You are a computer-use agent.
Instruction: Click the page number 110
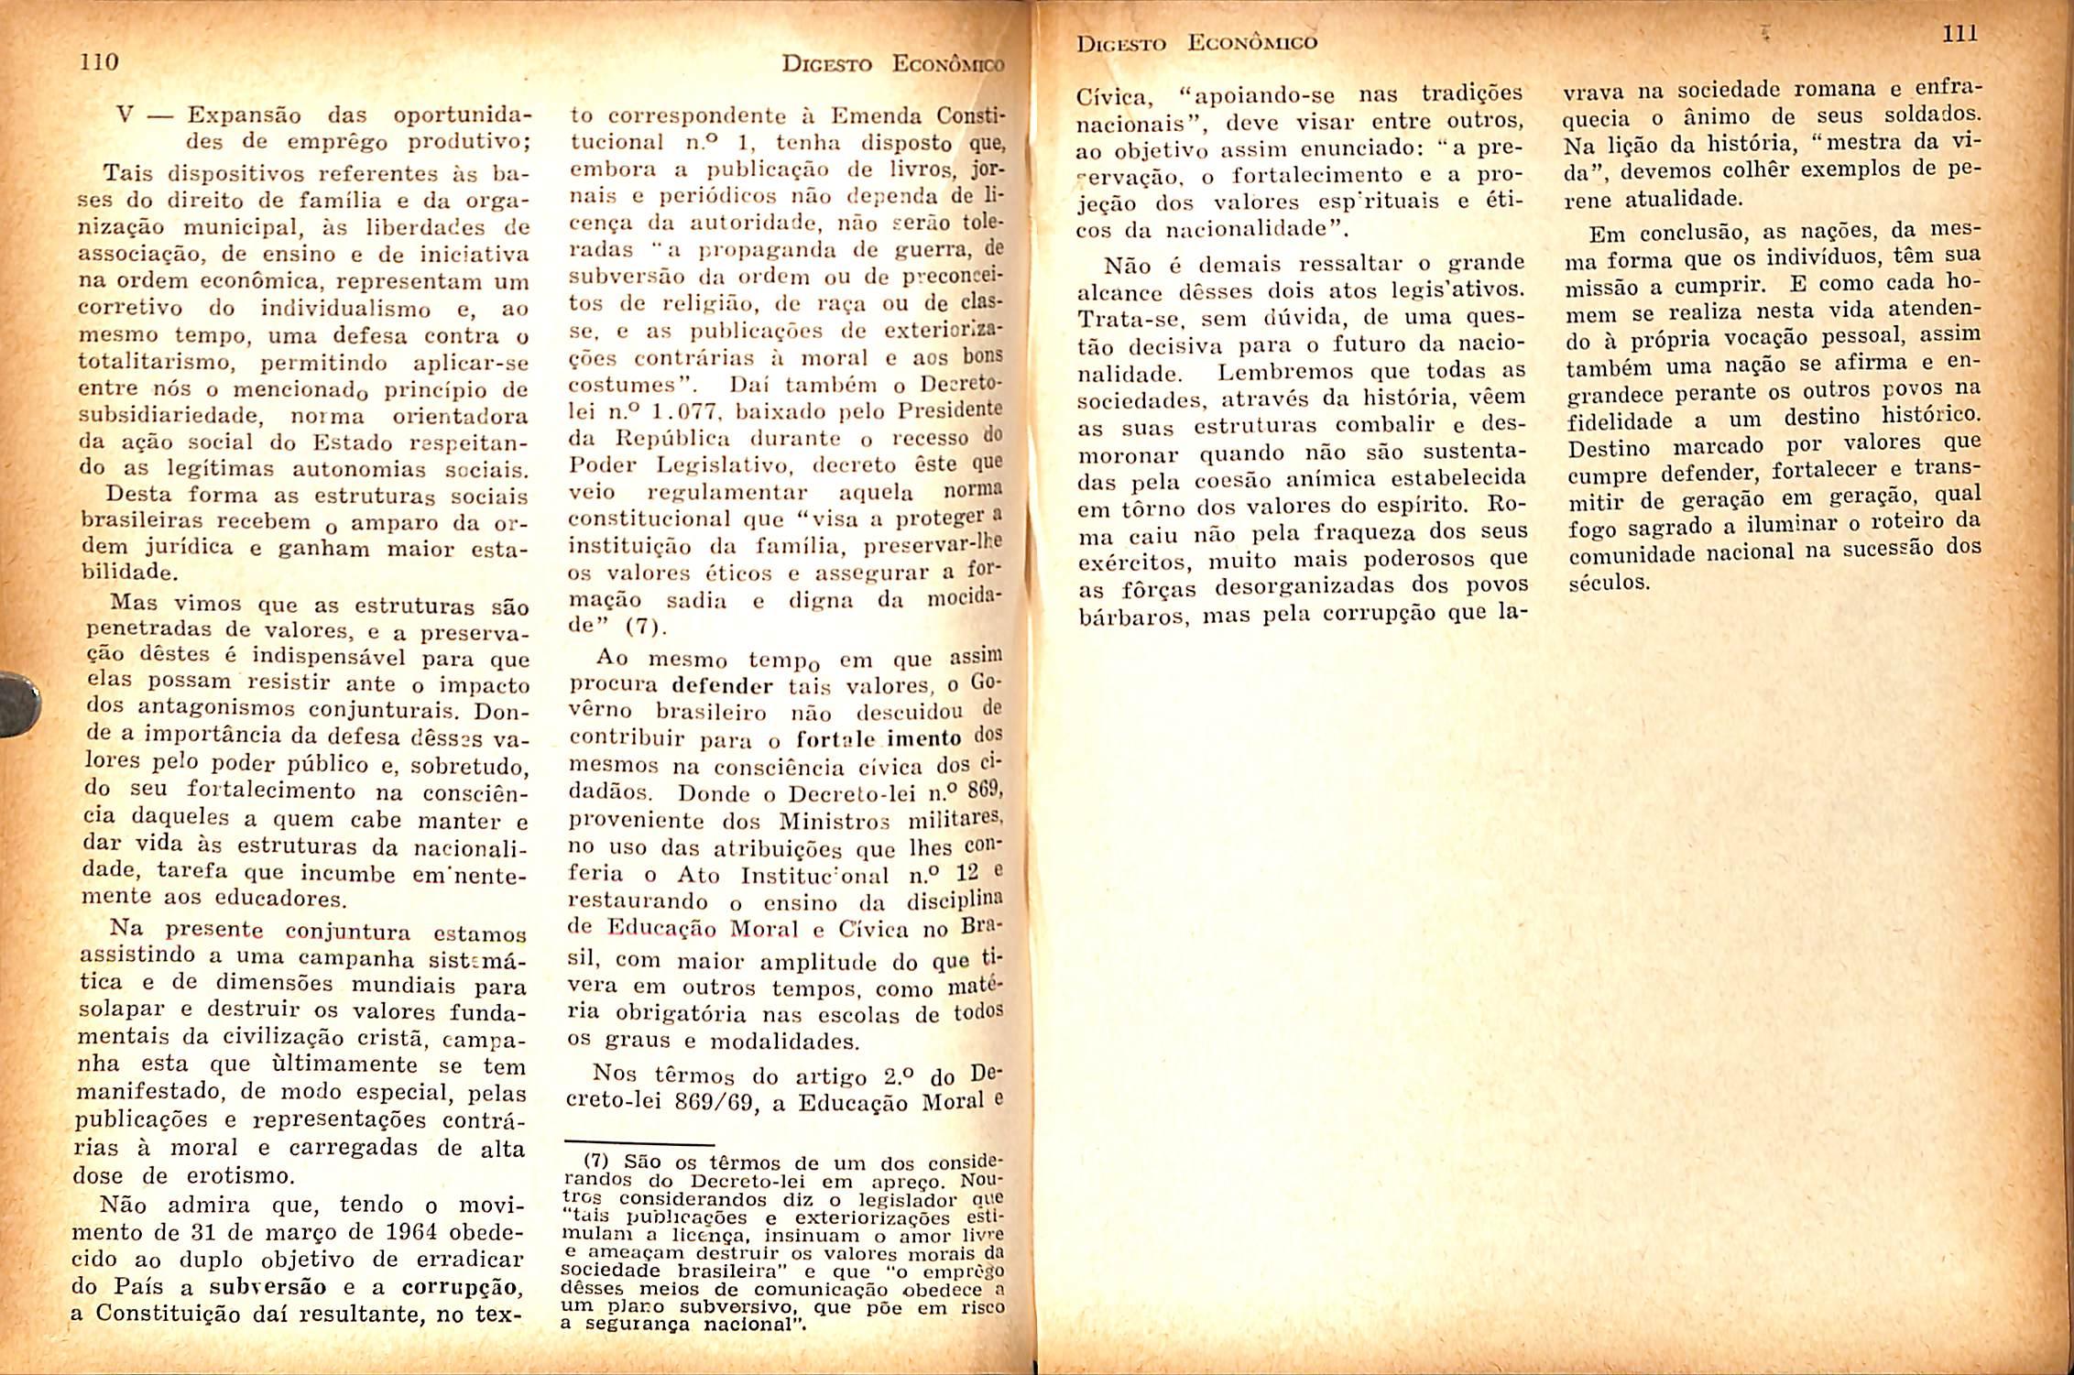[x=100, y=62]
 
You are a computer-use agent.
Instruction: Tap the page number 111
[x=1959, y=34]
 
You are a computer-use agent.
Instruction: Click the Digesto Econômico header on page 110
[x=892, y=64]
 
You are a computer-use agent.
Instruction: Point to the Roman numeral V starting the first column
[x=126, y=116]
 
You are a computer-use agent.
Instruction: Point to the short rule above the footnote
[x=639, y=1144]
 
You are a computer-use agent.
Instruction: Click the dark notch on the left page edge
[x=18, y=704]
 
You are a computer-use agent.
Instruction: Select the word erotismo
[x=242, y=1175]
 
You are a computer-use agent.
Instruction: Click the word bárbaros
[x=1132, y=617]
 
